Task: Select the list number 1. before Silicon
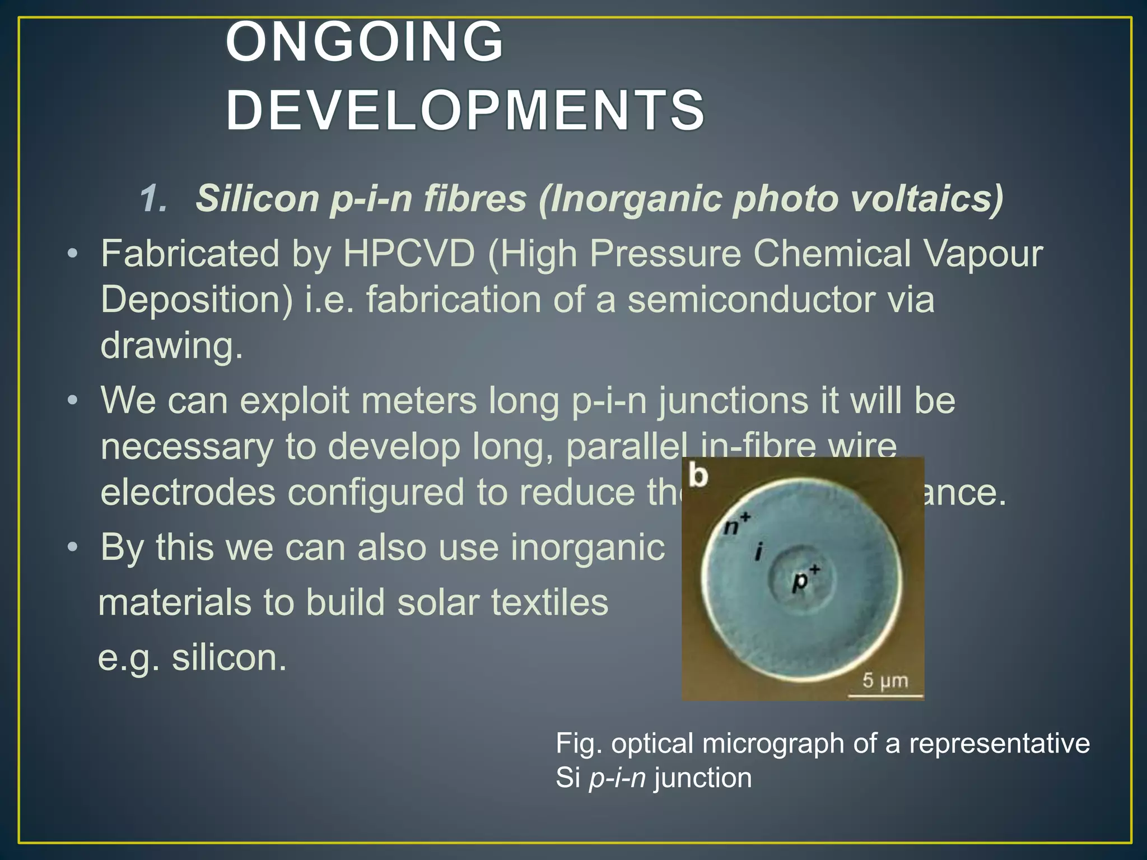click(153, 198)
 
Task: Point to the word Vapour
click(983, 254)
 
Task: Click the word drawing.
click(171, 345)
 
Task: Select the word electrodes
click(188, 492)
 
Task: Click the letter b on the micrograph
click(698, 476)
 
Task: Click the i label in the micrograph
click(759, 552)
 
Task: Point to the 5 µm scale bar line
click(885, 696)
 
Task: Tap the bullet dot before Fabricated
click(72, 255)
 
